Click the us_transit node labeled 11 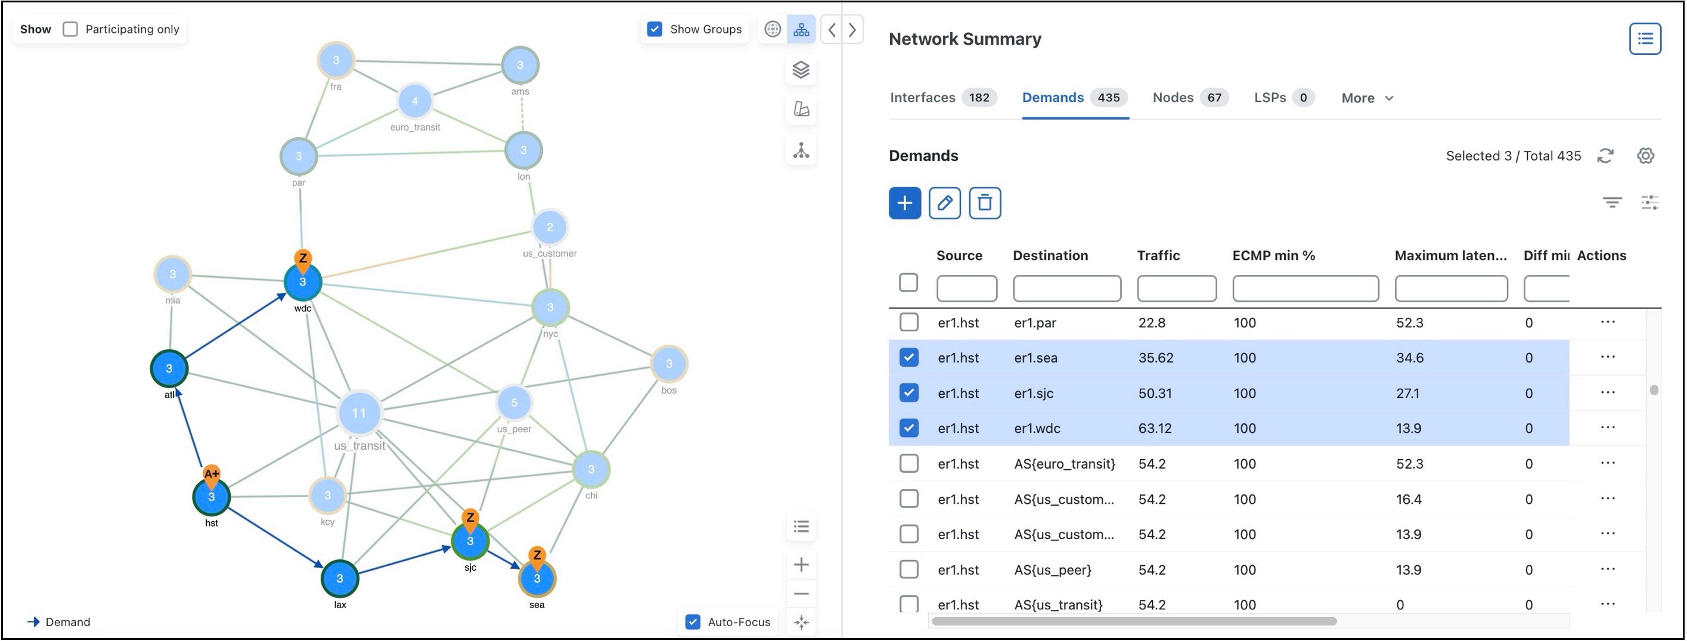[359, 413]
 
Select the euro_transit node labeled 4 [414, 101]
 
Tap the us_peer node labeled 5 [514, 402]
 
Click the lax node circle [339, 578]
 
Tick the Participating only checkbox [70, 29]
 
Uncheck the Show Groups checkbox [655, 29]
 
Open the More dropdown [1367, 98]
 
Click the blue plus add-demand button [904, 203]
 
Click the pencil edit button [944, 203]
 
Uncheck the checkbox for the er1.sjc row [908, 393]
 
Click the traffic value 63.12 [1155, 428]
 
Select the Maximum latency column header [1450, 255]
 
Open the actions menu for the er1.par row [1607, 322]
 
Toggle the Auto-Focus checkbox [693, 622]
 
